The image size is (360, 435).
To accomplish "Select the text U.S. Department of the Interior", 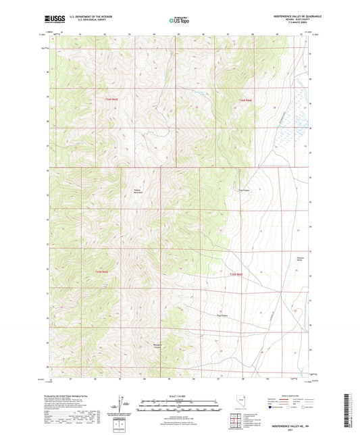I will pyautogui.click(x=86, y=15).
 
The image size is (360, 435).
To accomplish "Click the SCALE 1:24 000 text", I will pyautogui.click(x=180, y=396).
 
